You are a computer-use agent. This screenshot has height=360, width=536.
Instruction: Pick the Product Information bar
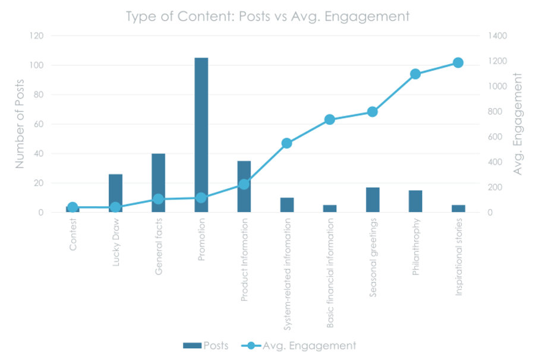(x=244, y=187)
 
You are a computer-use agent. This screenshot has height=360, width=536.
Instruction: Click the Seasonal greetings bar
(x=373, y=200)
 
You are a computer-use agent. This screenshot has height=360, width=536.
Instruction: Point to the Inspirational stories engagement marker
(x=458, y=63)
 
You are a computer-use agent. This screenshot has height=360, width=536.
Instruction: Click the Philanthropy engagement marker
(x=415, y=74)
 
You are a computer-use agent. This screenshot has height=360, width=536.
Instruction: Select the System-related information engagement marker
(x=286, y=143)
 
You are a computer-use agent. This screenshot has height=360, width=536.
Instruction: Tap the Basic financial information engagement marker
(x=330, y=120)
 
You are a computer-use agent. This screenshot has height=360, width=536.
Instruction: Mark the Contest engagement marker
(x=72, y=207)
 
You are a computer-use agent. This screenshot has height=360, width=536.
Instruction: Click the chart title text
(x=267, y=16)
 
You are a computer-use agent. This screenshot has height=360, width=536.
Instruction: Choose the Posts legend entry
(x=206, y=346)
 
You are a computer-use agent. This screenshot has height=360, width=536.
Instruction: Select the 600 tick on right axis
(x=495, y=137)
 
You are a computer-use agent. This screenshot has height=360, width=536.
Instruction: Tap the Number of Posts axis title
(x=20, y=124)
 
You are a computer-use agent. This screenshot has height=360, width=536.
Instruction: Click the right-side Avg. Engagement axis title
(x=518, y=124)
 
